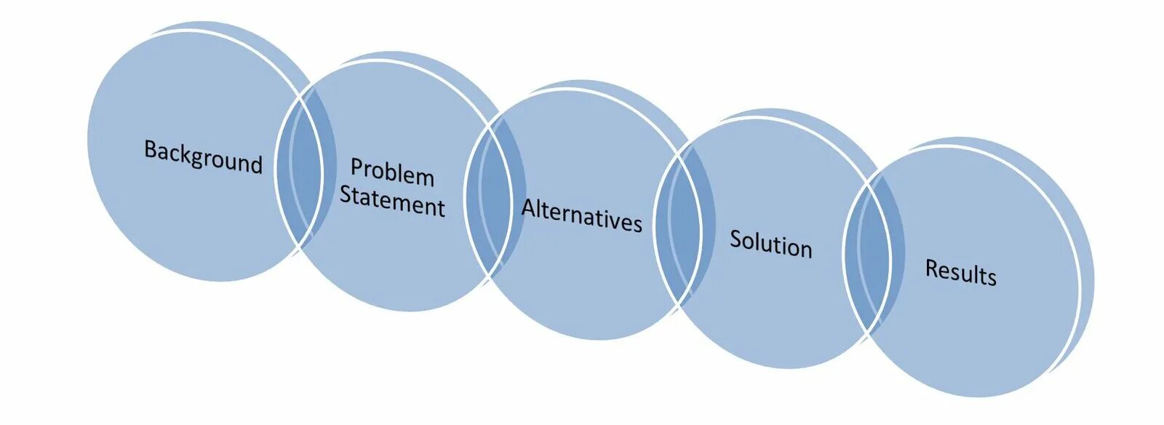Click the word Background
(x=203, y=156)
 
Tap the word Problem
(x=392, y=172)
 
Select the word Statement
(x=392, y=201)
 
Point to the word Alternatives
(x=582, y=216)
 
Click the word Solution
(x=770, y=243)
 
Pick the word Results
(x=960, y=272)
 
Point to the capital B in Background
(x=150, y=150)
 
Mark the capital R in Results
(x=931, y=268)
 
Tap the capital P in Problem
(x=356, y=167)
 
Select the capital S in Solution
(x=736, y=239)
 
